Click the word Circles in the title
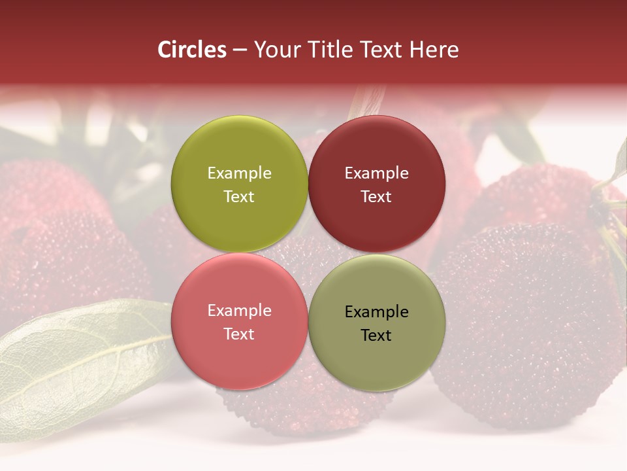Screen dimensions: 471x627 coord(192,50)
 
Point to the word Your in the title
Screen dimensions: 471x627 coord(275,50)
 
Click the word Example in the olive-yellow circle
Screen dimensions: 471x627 coord(239,173)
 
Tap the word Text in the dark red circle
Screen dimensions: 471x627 coord(376,197)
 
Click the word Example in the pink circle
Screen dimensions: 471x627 coord(239,311)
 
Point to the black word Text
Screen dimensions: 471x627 coord(376,336)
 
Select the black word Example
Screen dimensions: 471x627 coord(376,312)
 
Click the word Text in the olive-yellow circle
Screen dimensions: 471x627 coord(239,197)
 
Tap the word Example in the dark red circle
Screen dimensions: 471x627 coord(376,173)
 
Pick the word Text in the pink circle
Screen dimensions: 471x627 coord(239,334)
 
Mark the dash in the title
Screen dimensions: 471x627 coord(240,50)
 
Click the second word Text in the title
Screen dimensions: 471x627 coord(377,50)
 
